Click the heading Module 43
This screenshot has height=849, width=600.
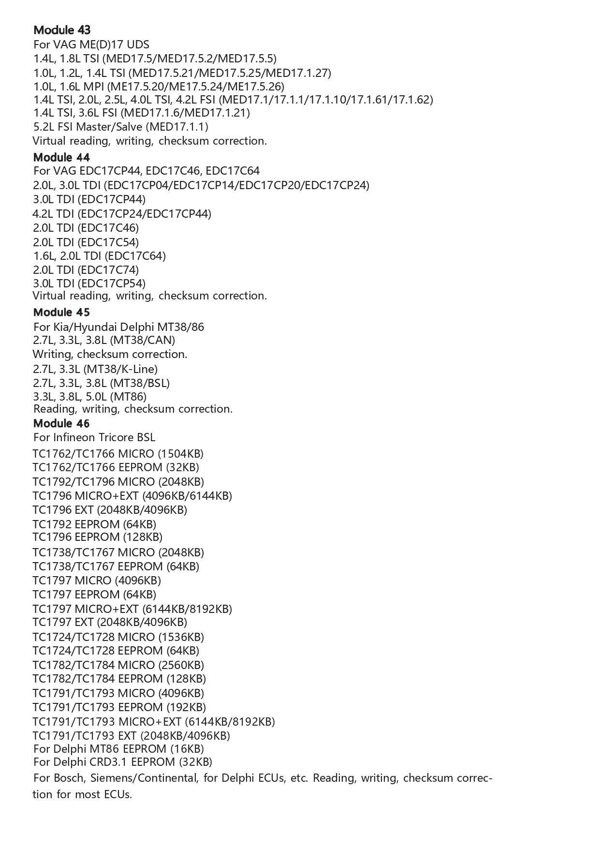(62, 30)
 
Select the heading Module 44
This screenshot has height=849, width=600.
(61, 157)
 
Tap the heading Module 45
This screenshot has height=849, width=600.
(61, 312)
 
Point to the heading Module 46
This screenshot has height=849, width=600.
(61, 423)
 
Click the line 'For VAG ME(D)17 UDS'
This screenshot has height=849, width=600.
(91, 45)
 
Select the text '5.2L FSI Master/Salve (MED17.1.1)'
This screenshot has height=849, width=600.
(120, 127)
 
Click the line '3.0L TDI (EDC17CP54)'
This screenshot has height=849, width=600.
(89, 283)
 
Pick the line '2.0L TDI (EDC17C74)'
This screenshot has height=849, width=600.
(86, 269)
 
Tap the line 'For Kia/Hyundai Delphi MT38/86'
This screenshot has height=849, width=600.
(118, 327)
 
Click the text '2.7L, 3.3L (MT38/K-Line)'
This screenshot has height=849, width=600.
(95, 369)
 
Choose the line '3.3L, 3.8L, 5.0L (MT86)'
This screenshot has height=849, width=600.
(89, 397)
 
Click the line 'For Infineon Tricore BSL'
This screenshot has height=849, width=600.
(94, 437)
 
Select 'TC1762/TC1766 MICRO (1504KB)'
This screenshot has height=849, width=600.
(118, 454)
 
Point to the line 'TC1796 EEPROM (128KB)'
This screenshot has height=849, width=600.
(97, 537)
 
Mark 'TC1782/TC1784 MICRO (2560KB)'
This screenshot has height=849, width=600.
(118, 665)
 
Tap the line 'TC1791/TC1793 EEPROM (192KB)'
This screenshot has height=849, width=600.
(119, 707)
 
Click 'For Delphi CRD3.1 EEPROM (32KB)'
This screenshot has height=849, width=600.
(123, 762)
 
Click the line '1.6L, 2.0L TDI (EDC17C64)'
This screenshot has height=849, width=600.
(99, 256)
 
